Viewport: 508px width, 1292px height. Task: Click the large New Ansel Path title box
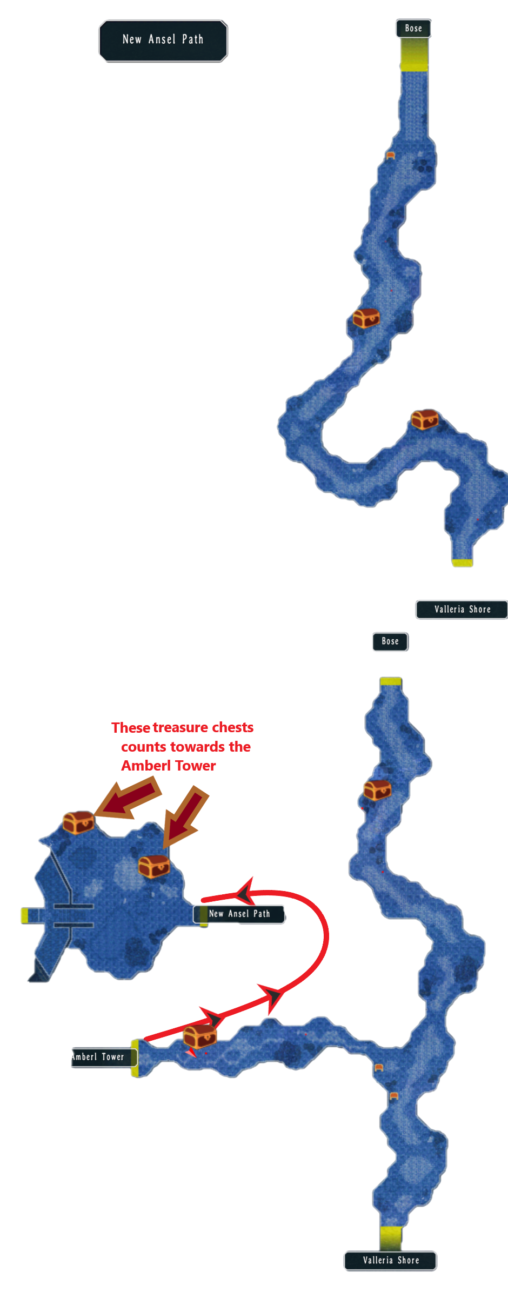(163, 41)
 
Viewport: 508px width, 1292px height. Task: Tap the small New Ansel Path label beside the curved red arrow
(239, 914)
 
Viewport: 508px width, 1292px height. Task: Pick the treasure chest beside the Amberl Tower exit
(200, 1036)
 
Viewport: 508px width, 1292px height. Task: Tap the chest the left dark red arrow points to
(78, 822)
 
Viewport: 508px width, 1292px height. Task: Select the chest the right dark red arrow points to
(154, 866)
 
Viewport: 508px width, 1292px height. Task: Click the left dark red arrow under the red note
(128, 799)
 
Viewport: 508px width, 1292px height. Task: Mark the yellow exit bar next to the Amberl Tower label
(135, 1057)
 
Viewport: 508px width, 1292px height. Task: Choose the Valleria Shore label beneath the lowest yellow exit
(390, 1260)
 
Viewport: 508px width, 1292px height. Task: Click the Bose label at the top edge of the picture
(413, 29)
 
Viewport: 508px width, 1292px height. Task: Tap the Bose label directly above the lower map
(390, 641)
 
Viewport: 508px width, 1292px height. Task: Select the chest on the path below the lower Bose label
(377, 789)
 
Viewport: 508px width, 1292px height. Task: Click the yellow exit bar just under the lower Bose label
(390, 681)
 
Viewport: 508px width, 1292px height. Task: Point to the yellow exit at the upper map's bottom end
(462, 563)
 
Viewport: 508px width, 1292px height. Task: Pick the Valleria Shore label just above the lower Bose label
(462, 609)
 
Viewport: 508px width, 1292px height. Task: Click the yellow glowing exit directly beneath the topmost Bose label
(414, 55)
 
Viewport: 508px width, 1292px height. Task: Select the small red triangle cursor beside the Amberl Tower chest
(191, 1053)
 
